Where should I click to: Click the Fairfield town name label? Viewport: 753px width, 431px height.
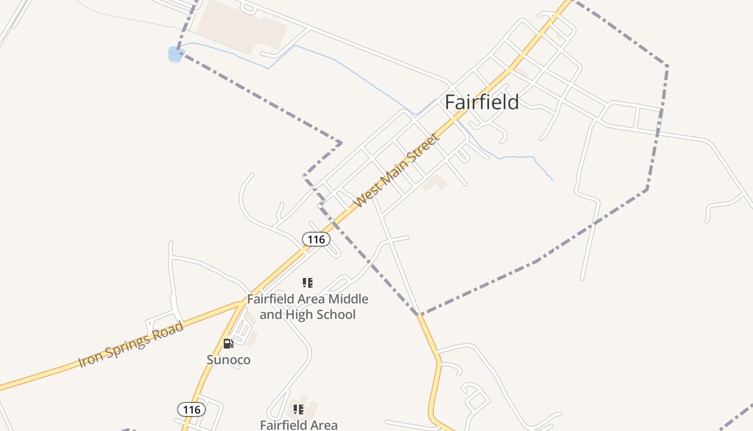(x=481, y=102)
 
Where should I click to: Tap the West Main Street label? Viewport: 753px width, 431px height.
(x=397, y=170)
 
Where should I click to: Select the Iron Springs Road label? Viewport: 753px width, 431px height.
(x=131, y=344)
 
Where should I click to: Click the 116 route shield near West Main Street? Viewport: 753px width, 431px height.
(x=316, y=239)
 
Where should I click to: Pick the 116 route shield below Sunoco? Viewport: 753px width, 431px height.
(x=191, y=409)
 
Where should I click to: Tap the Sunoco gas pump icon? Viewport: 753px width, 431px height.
(x=229, y=343)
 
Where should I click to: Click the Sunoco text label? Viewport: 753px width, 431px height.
(x=229, y=359)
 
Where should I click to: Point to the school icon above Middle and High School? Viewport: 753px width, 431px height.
(x=308, y=282)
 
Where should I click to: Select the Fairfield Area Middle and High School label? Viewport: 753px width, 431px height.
(x=308, y=307)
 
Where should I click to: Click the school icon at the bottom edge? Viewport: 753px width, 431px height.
(x=299, y=409)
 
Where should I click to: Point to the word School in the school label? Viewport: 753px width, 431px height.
(x=335, y=314)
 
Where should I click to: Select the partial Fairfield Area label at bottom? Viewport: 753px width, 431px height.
(x=299, y=425)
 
